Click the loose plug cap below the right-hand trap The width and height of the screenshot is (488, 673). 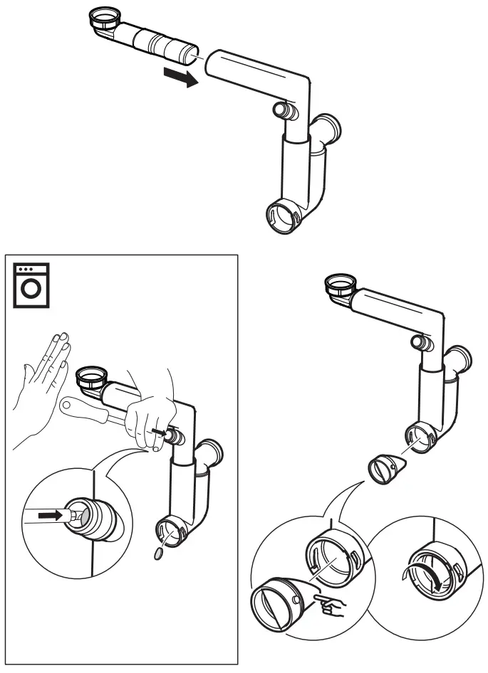click(385, 469)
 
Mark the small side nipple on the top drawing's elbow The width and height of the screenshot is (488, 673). click(284, 110)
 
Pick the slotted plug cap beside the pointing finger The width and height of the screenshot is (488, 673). click(277, 608)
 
